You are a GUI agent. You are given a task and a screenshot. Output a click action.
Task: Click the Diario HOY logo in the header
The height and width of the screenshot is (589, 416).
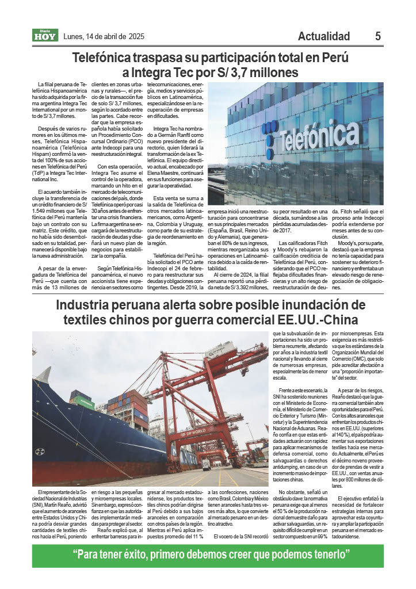tap(43, 36)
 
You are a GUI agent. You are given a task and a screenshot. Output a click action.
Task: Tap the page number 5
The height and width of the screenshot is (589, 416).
tap(378, 36)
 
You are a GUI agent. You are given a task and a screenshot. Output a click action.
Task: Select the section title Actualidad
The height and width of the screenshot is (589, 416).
tap(324, 36)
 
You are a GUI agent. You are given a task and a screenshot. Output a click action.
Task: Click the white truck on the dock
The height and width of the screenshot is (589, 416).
tap(205, 464)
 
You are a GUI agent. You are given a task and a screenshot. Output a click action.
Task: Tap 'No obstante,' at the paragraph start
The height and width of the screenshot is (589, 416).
tap(290, 492)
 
